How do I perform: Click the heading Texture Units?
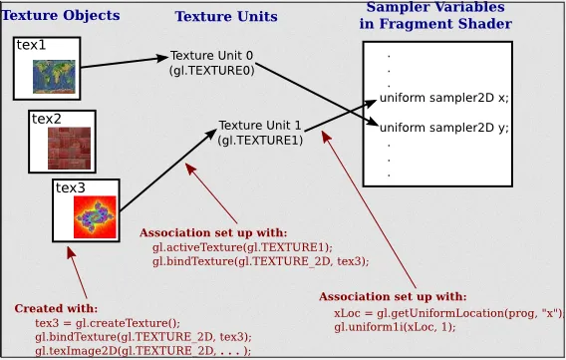coord(226,17)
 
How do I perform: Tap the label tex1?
coord(31,46)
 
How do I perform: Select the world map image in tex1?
coord(49,75)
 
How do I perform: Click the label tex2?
coord(46,119)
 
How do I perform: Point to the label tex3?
coord(70,187)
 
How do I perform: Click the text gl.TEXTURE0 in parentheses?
coord(212,71)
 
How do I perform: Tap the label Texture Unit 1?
coord(260,126)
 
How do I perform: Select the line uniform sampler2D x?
coord(444,98)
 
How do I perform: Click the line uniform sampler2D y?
coord(444,128)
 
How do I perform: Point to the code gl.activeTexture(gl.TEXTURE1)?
coord(242,247)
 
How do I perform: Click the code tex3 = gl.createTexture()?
coord(108,323)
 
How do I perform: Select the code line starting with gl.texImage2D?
coord(143,350)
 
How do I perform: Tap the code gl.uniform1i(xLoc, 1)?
coord(395,326)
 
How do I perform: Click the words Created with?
coord(56,308)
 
